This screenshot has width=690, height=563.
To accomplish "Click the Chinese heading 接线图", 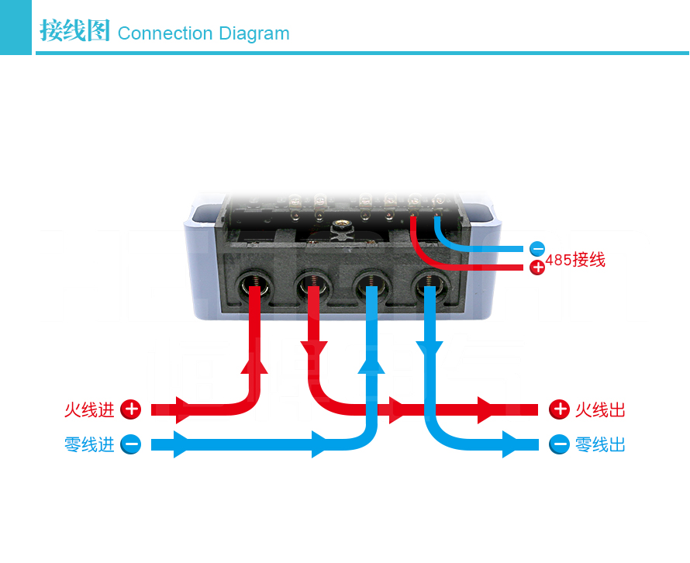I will (75, 32).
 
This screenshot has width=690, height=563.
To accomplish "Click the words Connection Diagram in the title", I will (203, 33).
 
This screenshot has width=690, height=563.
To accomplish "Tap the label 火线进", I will (89, 409).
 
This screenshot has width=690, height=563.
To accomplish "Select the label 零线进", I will (89, 444).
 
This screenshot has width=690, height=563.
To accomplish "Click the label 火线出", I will (600, 409).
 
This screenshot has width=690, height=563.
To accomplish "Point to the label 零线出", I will (600, 445).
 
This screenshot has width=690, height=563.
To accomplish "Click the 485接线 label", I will (575, 261).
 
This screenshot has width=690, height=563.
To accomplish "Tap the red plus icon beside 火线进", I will (131, 409).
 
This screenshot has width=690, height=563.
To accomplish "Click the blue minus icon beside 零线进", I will (131, 444).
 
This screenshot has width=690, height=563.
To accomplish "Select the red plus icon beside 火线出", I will (559, 409).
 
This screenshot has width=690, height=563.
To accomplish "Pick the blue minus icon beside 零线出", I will (559, 445).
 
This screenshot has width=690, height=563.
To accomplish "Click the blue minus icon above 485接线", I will (537, 249).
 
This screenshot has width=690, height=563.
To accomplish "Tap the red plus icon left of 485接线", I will (537, 268).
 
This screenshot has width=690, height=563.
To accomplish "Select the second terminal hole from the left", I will (312, 287).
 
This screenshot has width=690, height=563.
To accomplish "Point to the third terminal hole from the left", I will (371, 287).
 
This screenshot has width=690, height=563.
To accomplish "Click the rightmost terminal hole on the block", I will (429, 287).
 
